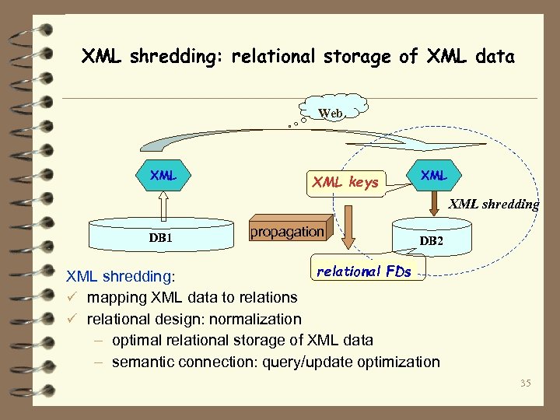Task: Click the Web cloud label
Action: [x=331, y=114]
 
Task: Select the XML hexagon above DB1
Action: [x=163, y=176]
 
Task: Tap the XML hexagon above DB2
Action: [x=434, y=176]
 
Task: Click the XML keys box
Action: [x=345, y=183]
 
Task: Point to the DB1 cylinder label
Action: [x=160, y=236]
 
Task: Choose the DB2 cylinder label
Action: [x=432, y=242]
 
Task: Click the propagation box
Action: [x=287, y=232]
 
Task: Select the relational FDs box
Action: [x=363, y=271]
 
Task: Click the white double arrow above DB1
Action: [x=163, y=206]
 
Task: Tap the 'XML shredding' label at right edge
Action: [x=494, y=205]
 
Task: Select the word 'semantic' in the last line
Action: [x=142, y=362]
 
